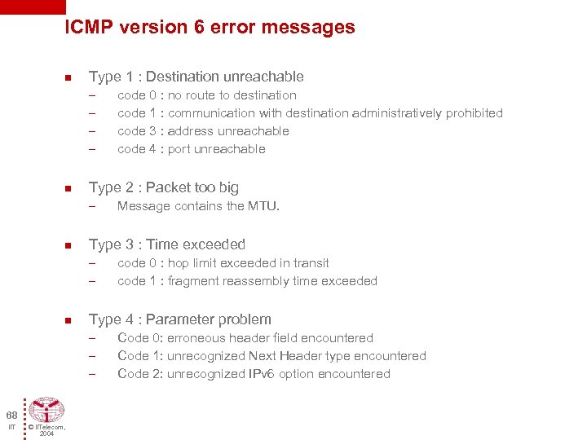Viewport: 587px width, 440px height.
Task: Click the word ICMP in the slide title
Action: click(x=89, y=27)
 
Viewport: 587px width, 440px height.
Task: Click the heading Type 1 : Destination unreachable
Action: click(x=196, y=77)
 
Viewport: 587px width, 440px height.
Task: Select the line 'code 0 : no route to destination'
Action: click(x=207, y=95)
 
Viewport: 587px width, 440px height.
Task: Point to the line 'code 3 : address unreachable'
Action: click(x=203, y=131)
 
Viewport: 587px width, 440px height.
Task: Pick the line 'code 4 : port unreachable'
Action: click(x=192, y=149)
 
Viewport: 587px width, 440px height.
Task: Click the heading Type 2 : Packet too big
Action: click(x=163, y=187)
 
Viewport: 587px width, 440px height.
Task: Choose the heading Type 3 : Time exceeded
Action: click(x=166, y=244)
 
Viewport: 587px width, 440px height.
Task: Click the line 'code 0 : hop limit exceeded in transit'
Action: click(x=223, y=263)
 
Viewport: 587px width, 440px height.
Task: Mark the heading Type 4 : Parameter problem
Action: click(x=179, y=319)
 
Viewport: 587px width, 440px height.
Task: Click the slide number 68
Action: click(x=11, y=414)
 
